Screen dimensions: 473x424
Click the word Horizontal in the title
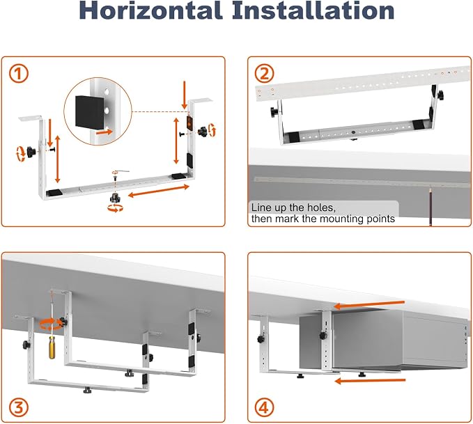coord(150,10)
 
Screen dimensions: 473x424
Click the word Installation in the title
coord(313,10)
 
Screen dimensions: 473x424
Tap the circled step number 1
coord(18,74)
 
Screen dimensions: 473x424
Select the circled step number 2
coord(264,74)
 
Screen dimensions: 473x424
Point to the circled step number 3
coord(18,408)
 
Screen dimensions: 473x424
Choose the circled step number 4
coord(264,408)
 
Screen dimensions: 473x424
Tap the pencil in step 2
coord(431,206)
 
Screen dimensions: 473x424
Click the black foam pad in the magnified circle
coord(90,111)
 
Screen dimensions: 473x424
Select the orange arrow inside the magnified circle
coord(104,132)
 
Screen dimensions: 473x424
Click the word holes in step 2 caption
coord(320,207)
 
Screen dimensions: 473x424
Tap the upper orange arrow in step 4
coord(369,304)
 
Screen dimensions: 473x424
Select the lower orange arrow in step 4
coord(370,381)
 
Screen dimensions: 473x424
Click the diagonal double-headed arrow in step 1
coord(159,191)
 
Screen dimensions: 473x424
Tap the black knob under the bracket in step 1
coord(115,198)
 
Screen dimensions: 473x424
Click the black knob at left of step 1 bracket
coord(31,151)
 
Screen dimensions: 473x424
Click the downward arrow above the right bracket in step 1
coord(185,95)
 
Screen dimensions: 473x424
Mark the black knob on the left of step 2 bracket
coord(274,111)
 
